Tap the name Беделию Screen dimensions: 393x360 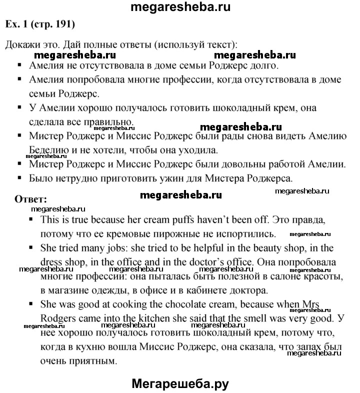coord(48,149)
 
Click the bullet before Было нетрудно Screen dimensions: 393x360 coord(19,177)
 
